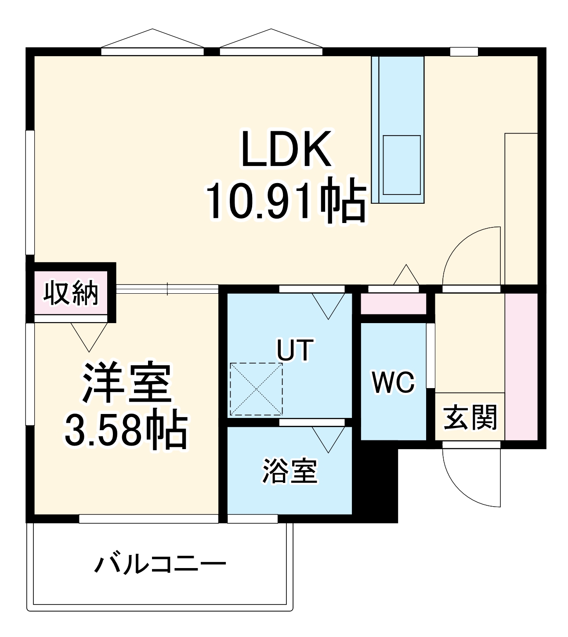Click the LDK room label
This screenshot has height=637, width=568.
[x=286, y=149]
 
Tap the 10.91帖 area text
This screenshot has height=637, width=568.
[x=286, y=200]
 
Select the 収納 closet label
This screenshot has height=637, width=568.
[x=71, y=293]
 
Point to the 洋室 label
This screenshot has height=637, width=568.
[x=127, y=382]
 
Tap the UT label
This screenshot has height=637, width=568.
[x=295, y=349]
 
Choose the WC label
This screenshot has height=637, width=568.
[x=393, y=382]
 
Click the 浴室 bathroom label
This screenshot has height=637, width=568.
[x=290, y=471]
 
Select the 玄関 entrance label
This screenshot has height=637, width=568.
[x=470, y=417]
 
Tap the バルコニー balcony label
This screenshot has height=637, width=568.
[x=160, y=565]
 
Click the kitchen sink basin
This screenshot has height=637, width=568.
[x=402, y=165]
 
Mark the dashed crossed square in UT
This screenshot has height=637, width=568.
[x=256, y=389]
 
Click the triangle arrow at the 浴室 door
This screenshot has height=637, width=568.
[x=328, y=438]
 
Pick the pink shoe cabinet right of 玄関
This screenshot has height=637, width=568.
[x=521, y=367]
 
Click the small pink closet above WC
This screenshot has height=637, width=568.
[x=393, y=304]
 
